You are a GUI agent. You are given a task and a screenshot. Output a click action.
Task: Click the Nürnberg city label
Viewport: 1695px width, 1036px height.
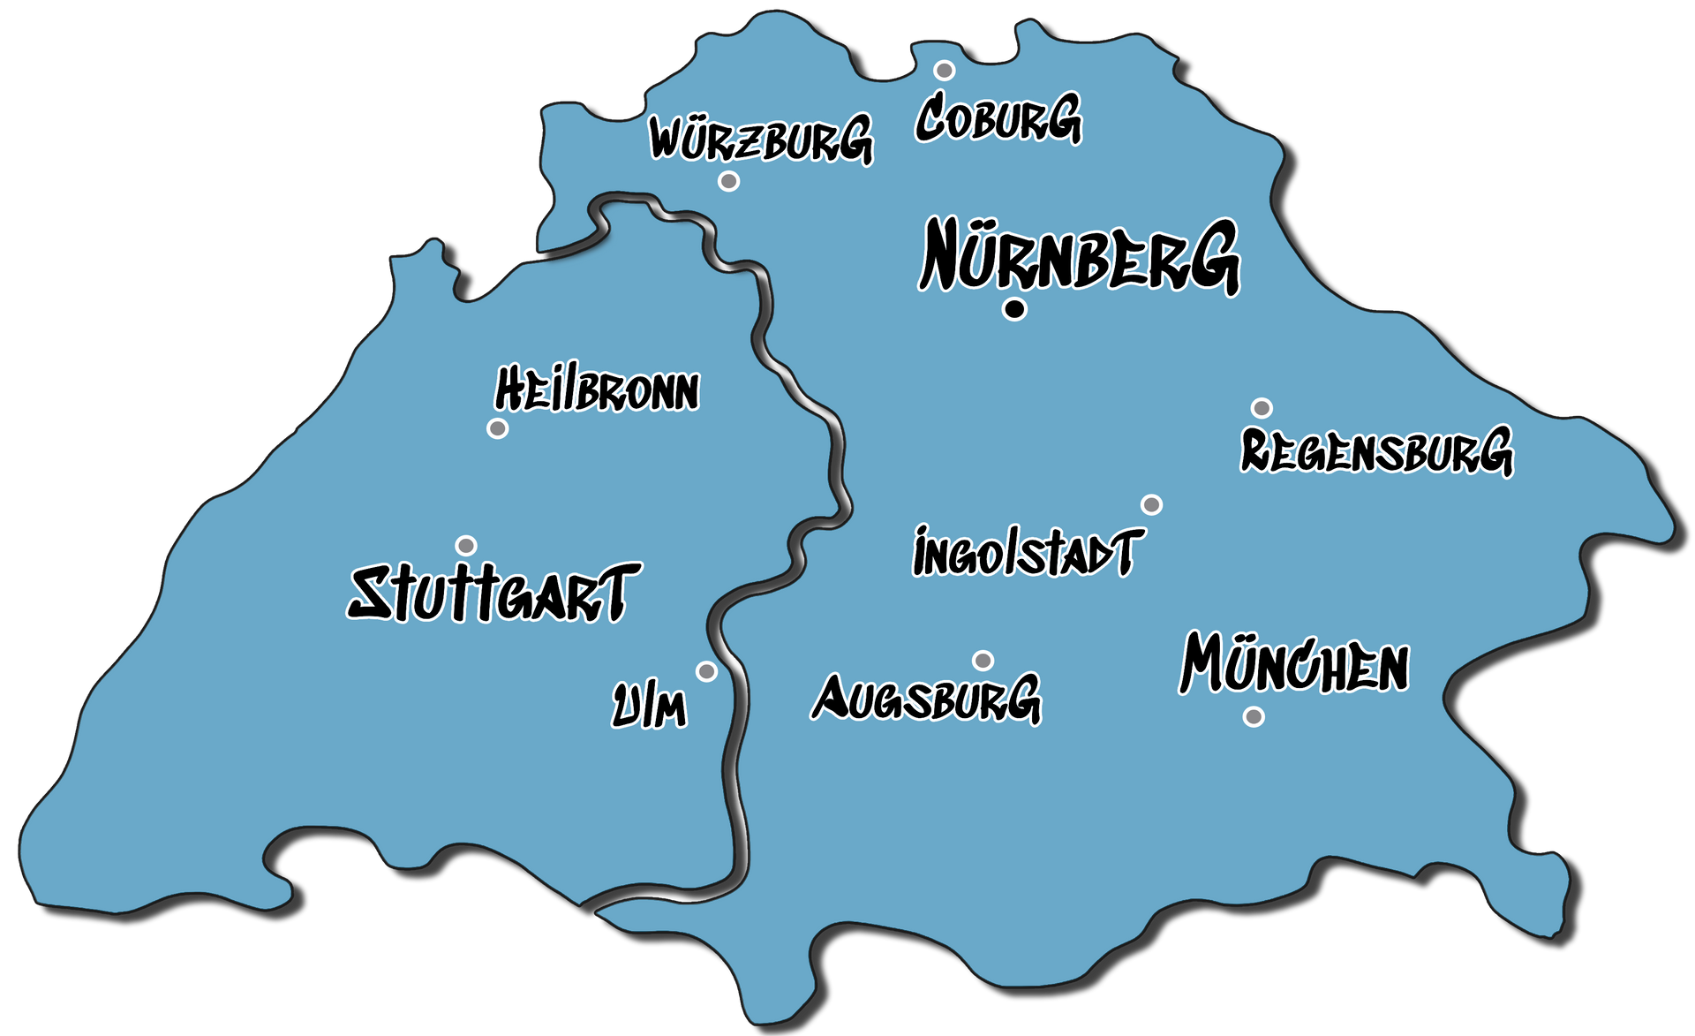[1079, 257]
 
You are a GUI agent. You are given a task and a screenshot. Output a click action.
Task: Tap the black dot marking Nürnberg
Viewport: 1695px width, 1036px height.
[1015, 309]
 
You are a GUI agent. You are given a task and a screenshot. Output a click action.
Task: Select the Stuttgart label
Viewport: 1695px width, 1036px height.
[493, 593]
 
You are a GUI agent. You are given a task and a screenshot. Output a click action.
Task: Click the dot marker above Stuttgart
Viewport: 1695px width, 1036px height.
[466, 546]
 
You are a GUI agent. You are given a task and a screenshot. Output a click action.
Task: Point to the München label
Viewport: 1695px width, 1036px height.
[1294, 664]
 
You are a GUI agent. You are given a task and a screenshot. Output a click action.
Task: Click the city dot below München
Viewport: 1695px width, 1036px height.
[1254, 716]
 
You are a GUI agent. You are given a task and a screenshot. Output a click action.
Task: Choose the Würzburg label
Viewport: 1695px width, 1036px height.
[761, 140]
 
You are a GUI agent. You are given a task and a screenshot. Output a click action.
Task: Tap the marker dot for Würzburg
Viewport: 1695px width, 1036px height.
[728, 181]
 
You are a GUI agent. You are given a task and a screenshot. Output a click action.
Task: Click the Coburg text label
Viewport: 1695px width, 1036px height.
[998, 118]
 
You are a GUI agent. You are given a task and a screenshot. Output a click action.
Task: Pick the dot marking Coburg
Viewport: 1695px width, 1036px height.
[945, 71]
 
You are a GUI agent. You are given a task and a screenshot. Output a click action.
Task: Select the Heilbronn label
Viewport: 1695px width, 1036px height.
[597, 390]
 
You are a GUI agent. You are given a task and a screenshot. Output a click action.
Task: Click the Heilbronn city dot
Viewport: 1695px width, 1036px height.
[498, 428]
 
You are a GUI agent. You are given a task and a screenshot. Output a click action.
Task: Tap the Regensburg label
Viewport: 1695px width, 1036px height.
[1376, 451]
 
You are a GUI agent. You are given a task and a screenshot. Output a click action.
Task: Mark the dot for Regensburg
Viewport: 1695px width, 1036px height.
[1262, 408]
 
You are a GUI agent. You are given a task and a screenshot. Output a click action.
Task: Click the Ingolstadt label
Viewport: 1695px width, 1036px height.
[1028, 552]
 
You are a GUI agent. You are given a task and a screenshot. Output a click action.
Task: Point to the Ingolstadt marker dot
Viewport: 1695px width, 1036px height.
[1151, 504]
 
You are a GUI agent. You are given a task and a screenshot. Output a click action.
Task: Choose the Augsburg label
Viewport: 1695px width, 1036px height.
[926, 699]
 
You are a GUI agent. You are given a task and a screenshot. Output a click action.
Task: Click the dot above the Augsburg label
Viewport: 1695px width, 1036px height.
[983, 661]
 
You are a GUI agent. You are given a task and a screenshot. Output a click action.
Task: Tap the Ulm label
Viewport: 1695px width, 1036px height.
[650, 707]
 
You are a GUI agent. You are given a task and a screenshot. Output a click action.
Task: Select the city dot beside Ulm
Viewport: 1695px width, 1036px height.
[706, 671]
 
